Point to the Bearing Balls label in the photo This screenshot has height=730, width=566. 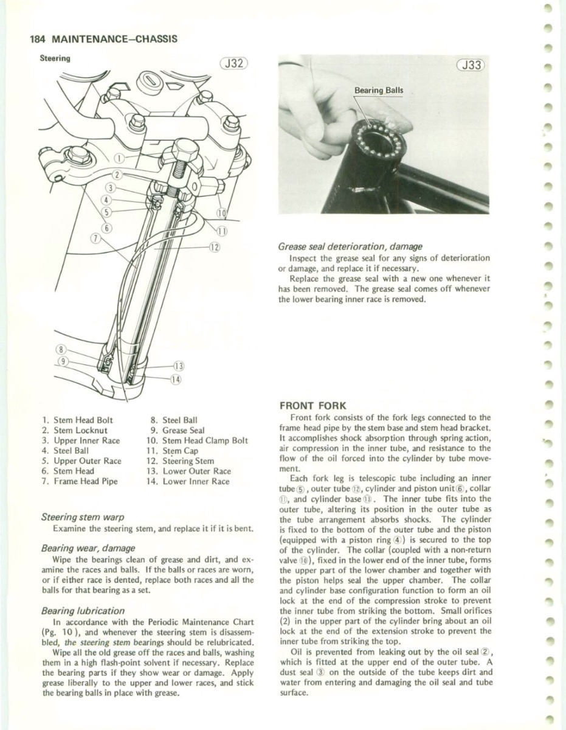[378, 91]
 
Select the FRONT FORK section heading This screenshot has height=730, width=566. [312, 405]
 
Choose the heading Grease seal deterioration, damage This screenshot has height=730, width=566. [350, 247]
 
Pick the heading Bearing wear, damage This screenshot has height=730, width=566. [88, 548]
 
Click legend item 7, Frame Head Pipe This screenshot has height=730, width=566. [80, 481]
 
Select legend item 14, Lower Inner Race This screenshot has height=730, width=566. [188, 481]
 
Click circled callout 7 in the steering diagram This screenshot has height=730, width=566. [95, 237]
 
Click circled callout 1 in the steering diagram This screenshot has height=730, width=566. [120, 158]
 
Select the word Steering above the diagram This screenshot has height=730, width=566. [55, 59]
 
